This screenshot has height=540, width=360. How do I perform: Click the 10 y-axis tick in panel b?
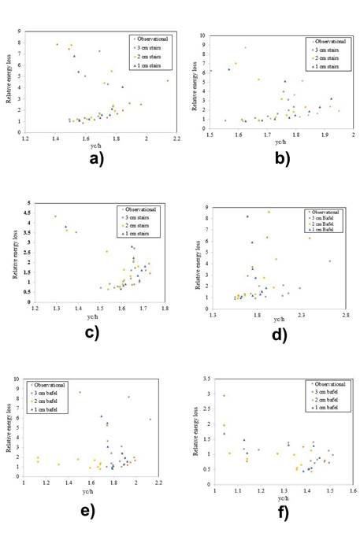(202, 36)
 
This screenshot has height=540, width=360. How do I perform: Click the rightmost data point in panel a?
(167, 80)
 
